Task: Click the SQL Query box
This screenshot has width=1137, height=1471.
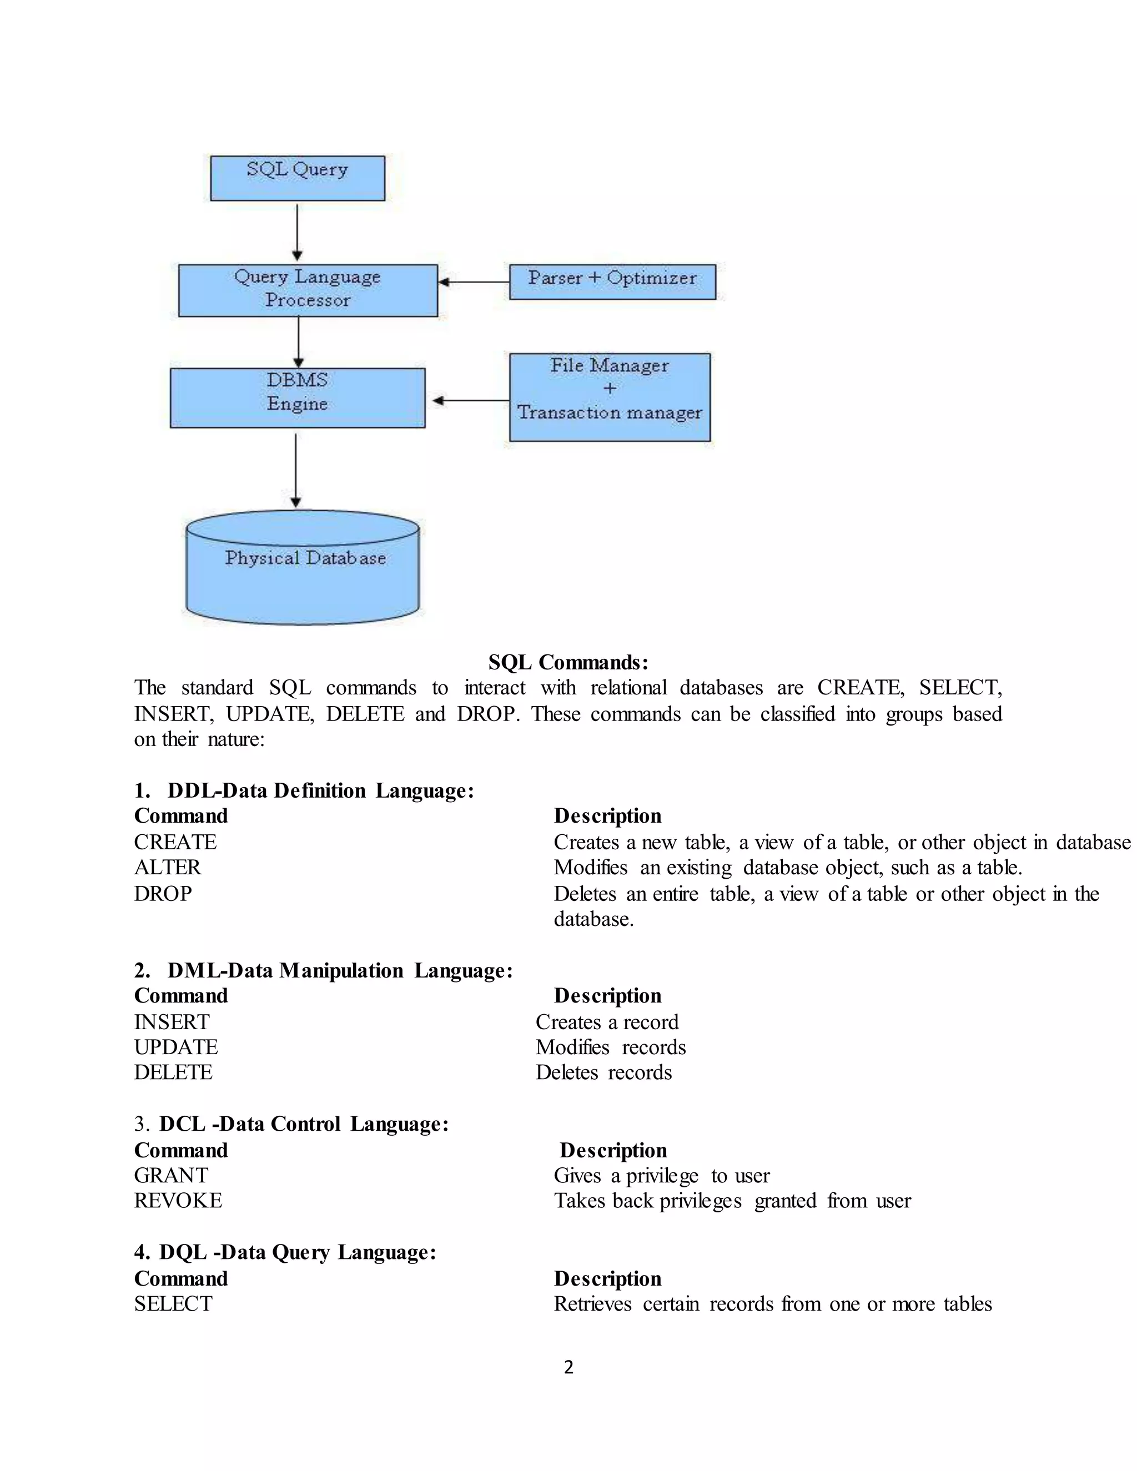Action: pos(297,178)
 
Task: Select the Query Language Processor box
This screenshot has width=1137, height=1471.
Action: pos(308,290)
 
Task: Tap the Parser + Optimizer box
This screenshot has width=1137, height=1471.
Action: pos(612,281)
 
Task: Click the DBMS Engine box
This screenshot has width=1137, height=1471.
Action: pos(297,397)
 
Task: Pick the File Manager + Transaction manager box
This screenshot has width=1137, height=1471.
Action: pos(610,397)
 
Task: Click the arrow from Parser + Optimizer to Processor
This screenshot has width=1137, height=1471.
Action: pos(474,281)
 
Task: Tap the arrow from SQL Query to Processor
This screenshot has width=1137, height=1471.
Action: pos(297,231)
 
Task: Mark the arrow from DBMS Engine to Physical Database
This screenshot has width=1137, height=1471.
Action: pos(296,470)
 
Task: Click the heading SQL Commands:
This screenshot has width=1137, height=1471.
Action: pos(568,662)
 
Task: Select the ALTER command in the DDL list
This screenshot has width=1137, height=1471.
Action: pos(167,868)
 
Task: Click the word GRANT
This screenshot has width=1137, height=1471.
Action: pos(171,1175)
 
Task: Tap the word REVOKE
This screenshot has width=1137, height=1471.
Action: pos(178,1200)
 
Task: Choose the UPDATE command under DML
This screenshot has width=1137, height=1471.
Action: pos(176,1047)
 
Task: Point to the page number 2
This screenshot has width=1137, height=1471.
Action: pos(568,1367)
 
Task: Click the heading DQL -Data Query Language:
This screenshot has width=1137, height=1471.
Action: pos(285,1252)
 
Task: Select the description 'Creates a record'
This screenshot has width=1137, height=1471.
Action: pos(607,1022)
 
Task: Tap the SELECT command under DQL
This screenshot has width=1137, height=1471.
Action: pos(173,1303)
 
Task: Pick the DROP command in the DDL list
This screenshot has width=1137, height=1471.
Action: pos(163,893)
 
